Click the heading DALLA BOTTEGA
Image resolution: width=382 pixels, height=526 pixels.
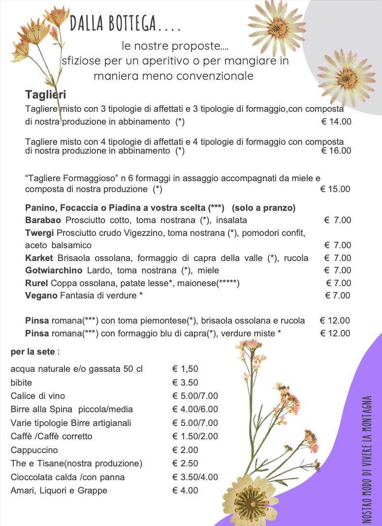(x=125, y=23)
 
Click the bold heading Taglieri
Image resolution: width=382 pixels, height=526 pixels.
(x=46, y=95)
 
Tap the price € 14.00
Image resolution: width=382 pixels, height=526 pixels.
(x=336, y=122)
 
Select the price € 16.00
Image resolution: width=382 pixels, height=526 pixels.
(x=336, y=151)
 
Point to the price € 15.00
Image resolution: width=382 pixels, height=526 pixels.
(x=335, y=189)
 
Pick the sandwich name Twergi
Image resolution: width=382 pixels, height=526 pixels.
(x=40, y=232)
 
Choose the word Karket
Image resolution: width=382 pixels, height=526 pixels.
(x=39, y=258)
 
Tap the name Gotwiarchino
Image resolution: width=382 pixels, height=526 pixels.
(x=54, y=270)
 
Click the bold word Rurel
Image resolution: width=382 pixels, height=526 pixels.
(x=36, y=283)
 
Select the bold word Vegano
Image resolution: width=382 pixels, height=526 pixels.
(x=41, y=296)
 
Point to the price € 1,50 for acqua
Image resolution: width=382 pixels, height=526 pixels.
(x=185, y=369)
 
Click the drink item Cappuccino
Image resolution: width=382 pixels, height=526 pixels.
(x=34, y=450)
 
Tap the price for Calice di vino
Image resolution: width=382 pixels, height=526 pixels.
(x=195, y=396)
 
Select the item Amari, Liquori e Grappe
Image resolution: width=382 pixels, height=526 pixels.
(x=59, y=491)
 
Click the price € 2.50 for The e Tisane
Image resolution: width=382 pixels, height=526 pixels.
(x=185, y=463)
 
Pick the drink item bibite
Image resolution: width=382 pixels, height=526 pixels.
(x=22, y=383)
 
